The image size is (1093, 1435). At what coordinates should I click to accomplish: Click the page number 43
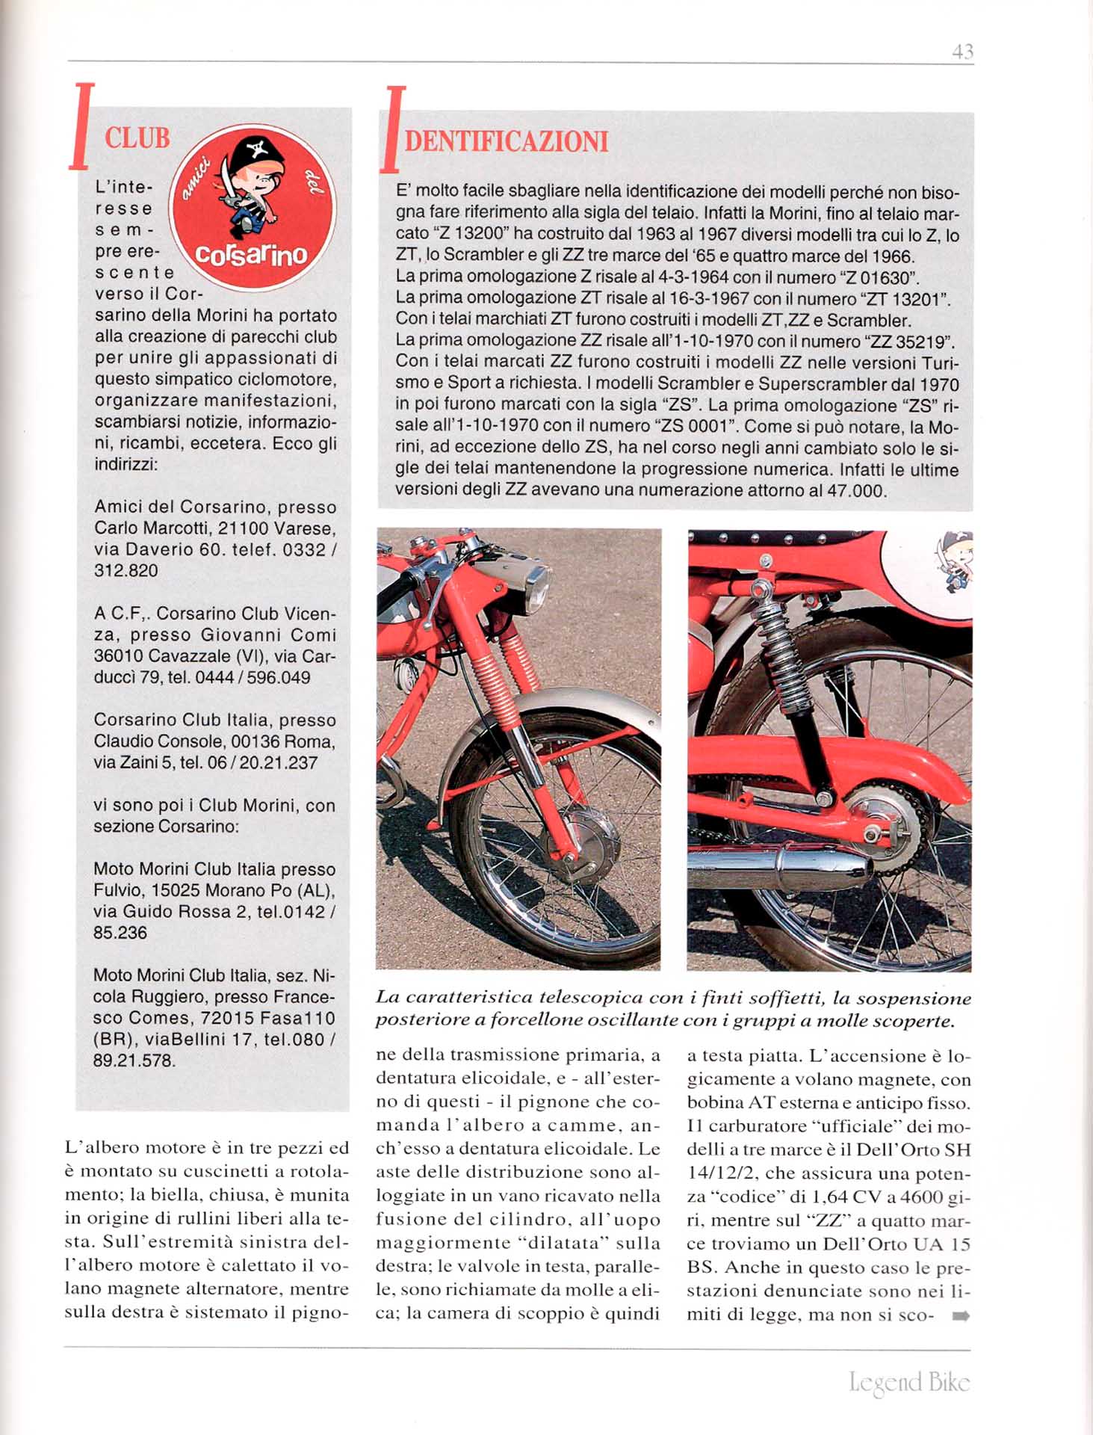(962, 52)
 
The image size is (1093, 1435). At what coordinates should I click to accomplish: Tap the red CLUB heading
(137, 138)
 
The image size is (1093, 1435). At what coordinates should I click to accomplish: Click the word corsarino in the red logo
(251, 255)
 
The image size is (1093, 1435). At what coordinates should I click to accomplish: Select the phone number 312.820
(126, 571)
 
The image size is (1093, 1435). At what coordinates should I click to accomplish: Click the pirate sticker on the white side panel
(955, 562)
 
